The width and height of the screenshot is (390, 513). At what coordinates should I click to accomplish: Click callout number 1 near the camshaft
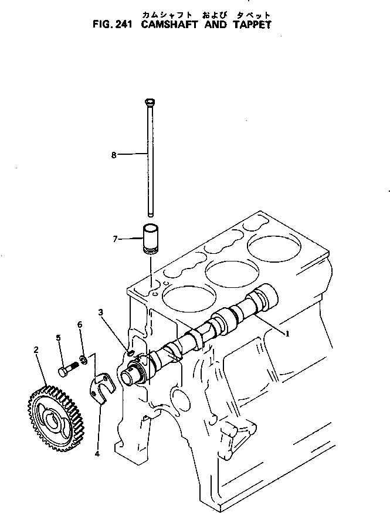click(288, 334)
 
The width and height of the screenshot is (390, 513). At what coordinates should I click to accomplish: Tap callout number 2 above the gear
click(36, 350)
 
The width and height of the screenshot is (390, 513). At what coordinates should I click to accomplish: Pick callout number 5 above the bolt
click(59, 337)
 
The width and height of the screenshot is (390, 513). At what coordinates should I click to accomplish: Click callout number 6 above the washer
click(79, 324)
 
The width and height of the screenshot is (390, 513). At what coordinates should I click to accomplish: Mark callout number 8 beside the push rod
click(114, 155)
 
